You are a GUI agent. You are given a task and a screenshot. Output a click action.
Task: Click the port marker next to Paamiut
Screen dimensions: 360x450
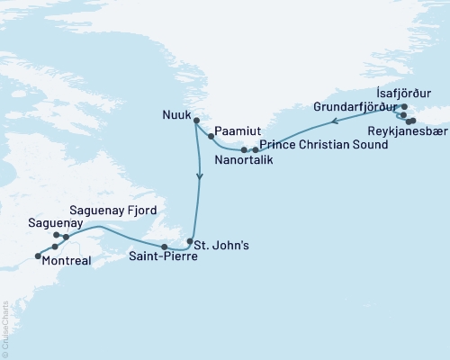coord(211,137)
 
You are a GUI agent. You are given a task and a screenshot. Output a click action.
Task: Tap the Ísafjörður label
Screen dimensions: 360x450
coord(402,93)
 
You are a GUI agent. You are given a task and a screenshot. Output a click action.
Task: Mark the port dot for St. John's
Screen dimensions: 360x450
coord(189,242)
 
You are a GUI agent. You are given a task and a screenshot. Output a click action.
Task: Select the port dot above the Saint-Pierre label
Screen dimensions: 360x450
coord(163,247)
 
